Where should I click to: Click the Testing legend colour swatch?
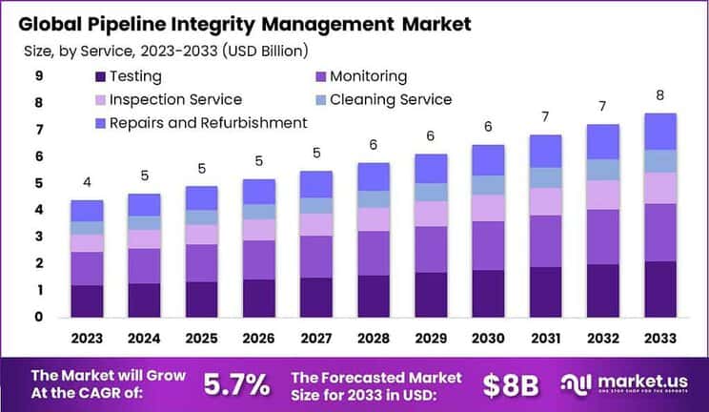[100, 77]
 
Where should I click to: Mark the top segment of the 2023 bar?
[87, 211]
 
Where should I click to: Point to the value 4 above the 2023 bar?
[87, 182]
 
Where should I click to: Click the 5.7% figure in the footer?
[236, 384]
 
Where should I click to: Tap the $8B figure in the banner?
[510, 384]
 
